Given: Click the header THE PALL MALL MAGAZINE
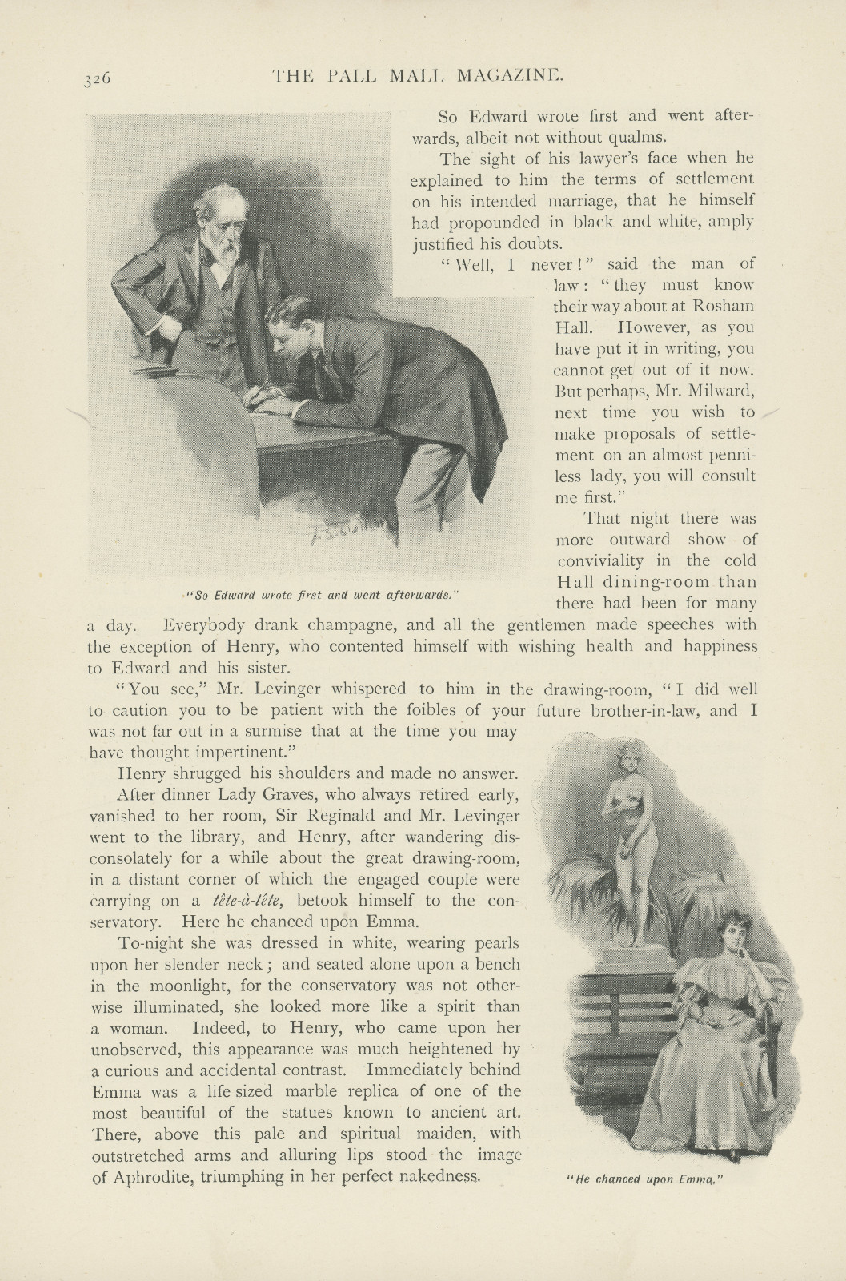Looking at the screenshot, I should (x=422, y=76).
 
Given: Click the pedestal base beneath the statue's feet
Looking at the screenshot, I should (x=631, y=954).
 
